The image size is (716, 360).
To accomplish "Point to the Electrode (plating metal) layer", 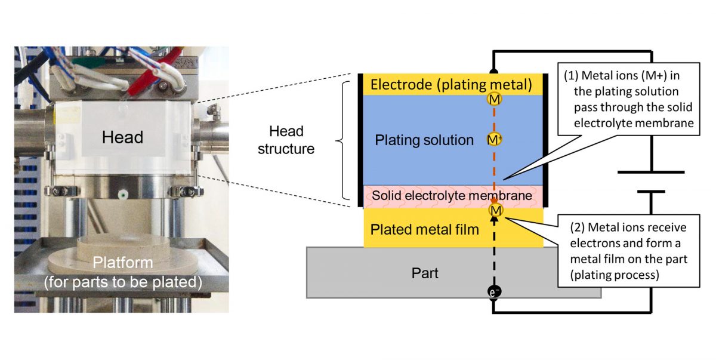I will tap(450, 85).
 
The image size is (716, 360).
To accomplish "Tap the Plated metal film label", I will tap(424, 229).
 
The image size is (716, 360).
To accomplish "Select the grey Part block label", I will tap(425, 273).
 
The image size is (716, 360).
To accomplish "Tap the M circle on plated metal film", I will tap(495, 210).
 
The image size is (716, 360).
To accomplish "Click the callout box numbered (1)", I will tap(629, 99).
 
